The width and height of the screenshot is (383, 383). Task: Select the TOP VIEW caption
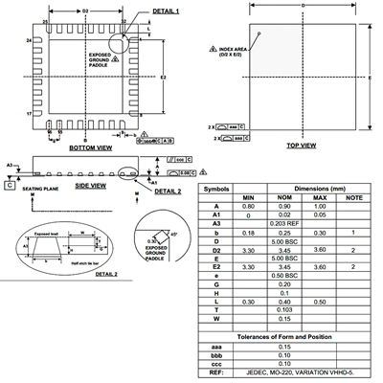coord(303,145)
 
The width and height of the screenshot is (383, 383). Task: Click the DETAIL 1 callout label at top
coord(139,10)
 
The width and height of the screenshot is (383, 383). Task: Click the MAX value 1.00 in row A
coord(320,206)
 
